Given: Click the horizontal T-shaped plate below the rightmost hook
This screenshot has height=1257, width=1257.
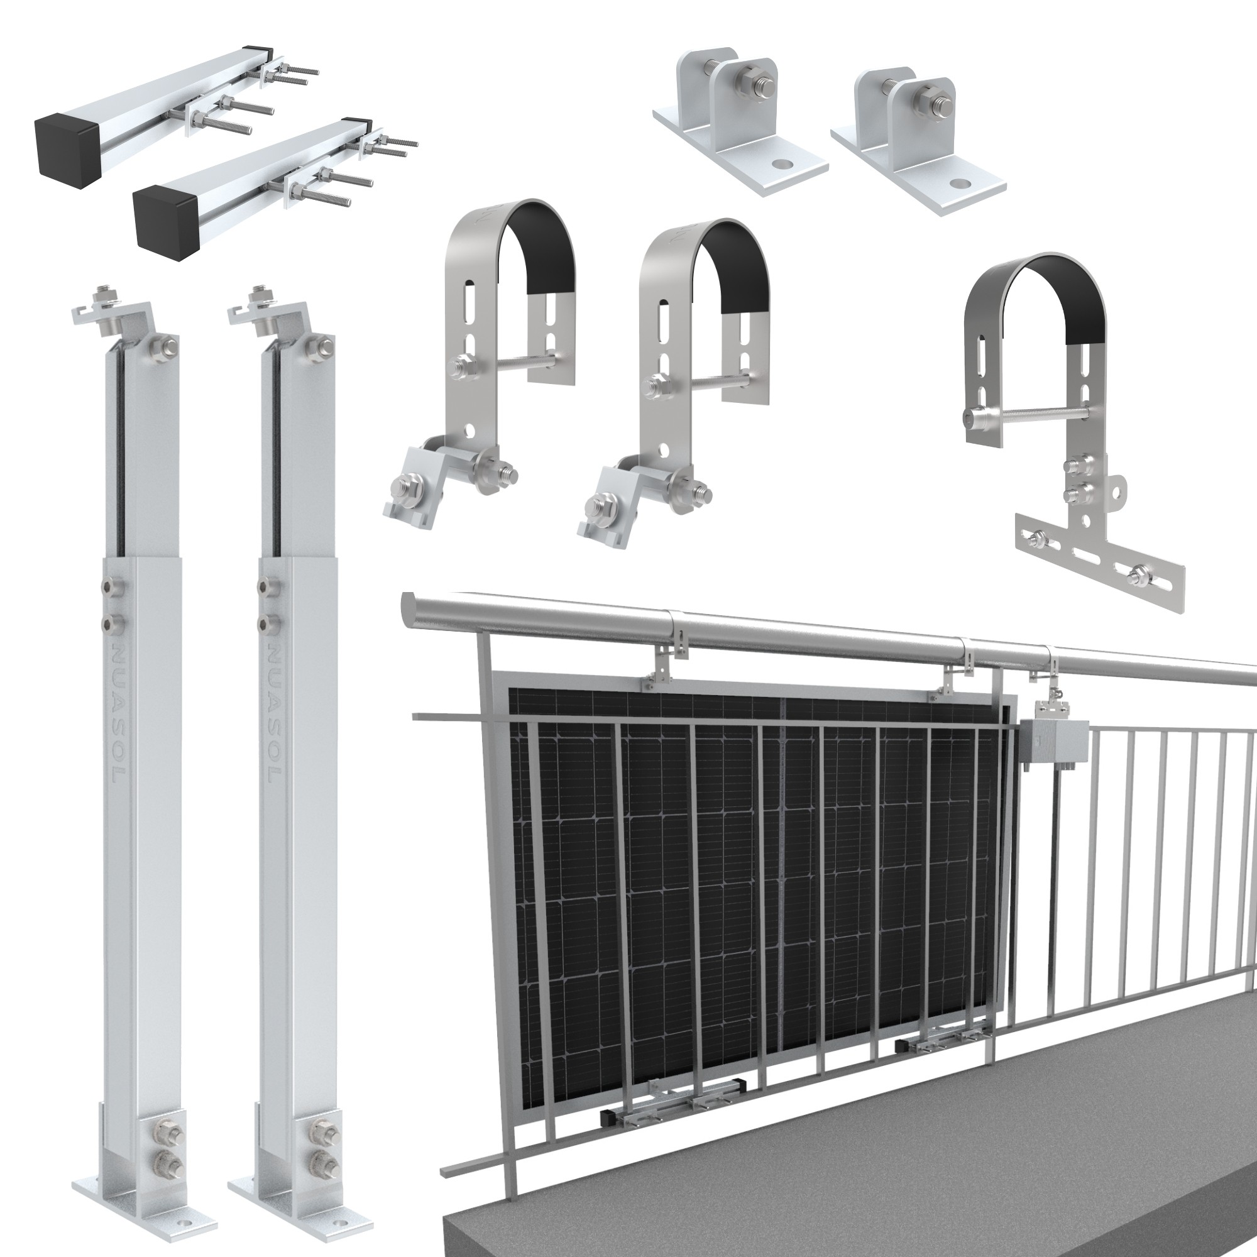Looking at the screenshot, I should pyautogui.click(x=1099, y=566).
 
